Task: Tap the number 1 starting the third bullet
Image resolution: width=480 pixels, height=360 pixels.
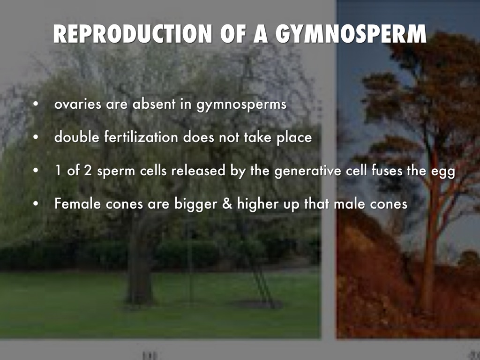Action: [x=58, y=171]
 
